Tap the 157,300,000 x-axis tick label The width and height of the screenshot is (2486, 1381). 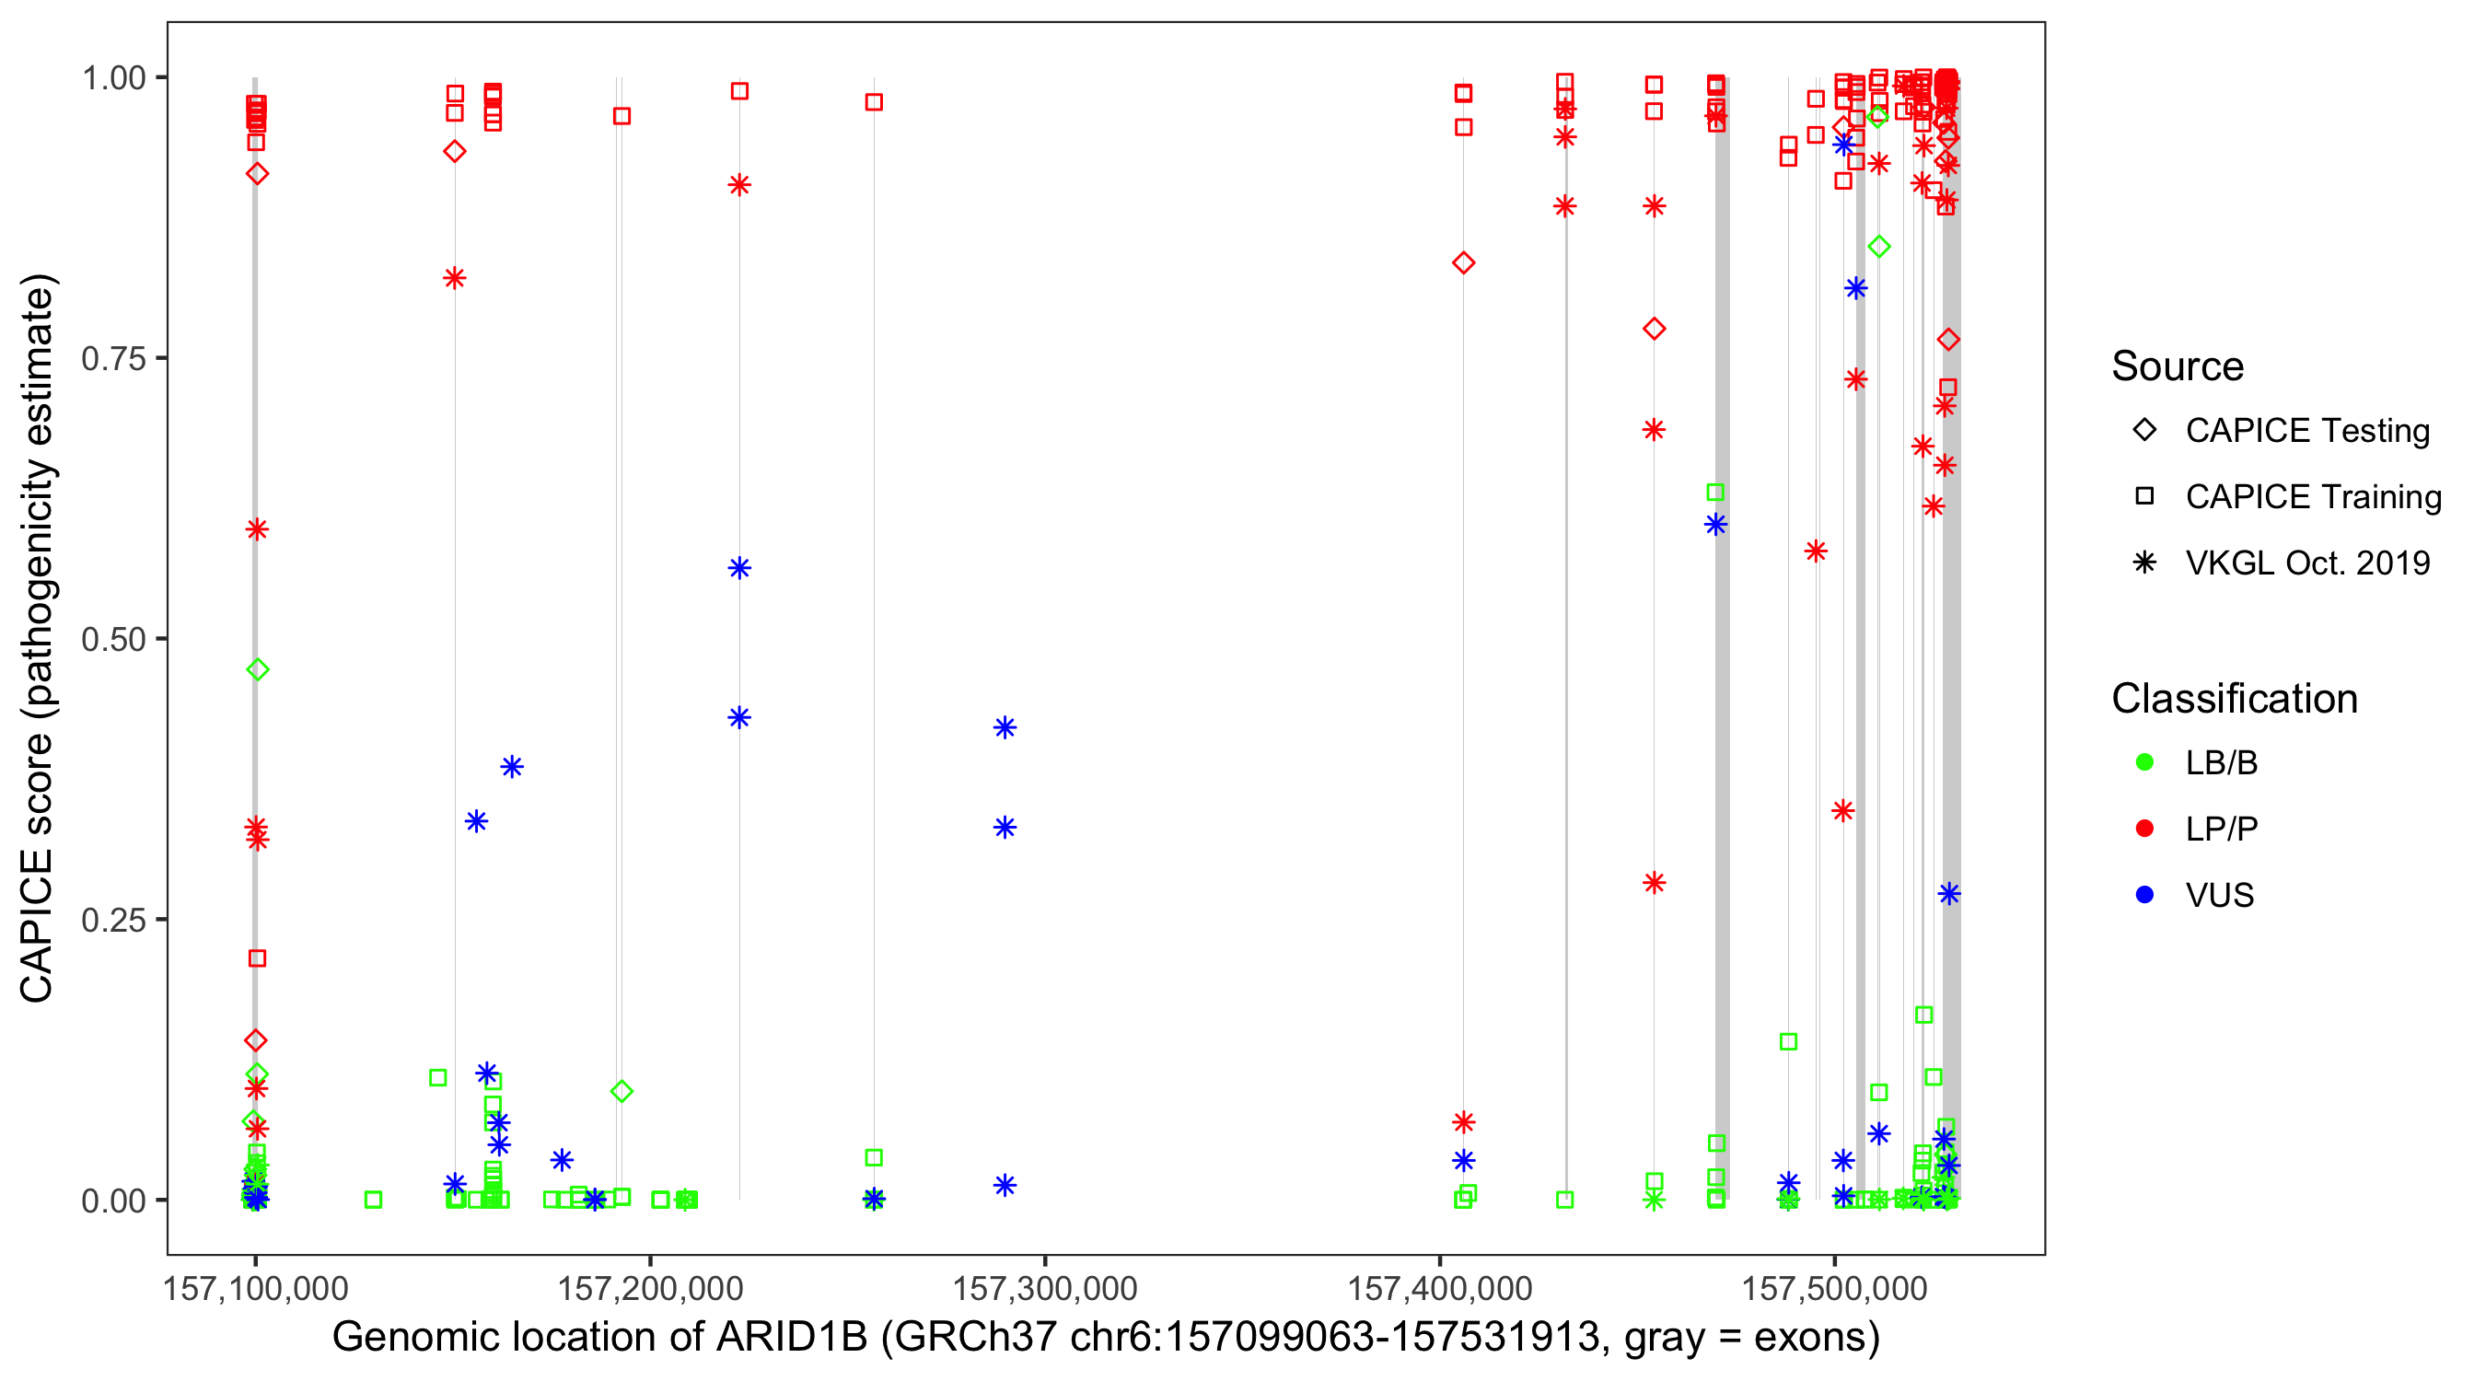click(1044, 1288)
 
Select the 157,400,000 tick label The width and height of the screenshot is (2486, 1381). click(1439, 1288)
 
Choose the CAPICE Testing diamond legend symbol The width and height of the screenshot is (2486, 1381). click(2144, 431)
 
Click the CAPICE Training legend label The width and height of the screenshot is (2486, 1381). click(2312, 497)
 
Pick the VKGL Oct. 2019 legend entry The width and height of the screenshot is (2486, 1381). click(2306, 563)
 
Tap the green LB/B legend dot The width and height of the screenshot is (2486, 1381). click(2144, 762)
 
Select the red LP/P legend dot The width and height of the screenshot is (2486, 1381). click(2144, 829)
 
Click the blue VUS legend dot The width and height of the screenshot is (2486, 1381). click(2144, 895)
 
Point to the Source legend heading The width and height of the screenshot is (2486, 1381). click(2178, 366)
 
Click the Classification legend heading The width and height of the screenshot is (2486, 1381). click(2234, 699)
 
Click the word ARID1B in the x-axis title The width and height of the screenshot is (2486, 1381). click(791, 1338)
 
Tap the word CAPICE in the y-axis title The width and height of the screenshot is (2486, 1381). click(37, 926)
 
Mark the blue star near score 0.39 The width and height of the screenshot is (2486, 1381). click(512, 767)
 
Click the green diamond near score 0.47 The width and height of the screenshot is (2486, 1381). click(257, 669)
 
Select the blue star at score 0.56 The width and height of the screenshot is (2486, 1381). click(739, 568)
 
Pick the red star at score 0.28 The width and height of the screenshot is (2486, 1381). click(1655, 883)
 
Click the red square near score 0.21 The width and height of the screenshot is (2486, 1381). click(257, 958)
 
